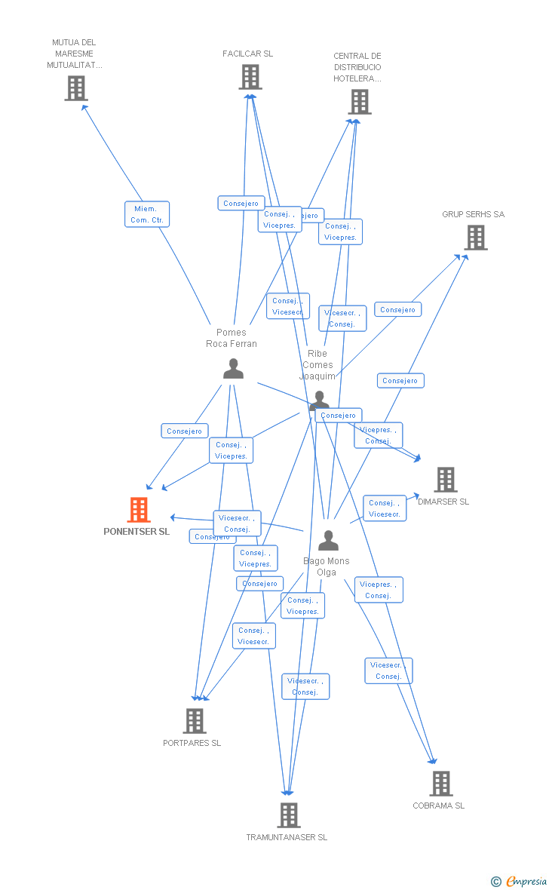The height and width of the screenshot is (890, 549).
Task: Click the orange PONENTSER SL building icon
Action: coord(139,511)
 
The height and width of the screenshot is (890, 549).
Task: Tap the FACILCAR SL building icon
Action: coord(250,77)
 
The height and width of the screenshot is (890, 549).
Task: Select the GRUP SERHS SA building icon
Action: coord(475,238)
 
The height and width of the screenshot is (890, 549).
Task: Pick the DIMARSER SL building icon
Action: coord(446,480)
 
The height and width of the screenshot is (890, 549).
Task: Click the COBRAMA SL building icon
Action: coord(441,784)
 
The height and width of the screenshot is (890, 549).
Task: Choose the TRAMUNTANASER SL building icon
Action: coord(289,815)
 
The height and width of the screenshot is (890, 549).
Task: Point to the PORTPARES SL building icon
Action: coord(195,721)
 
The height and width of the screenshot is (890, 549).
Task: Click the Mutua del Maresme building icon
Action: coord(76,88)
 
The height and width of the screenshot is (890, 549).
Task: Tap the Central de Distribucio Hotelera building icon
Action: coord(360,102)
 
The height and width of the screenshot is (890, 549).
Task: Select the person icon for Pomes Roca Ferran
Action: coord(233,369)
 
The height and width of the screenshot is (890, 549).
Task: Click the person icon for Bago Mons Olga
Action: coord(328,541)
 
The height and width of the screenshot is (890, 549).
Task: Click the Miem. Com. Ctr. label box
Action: coord(147,214)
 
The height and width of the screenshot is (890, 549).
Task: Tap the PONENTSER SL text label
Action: coord(136,531)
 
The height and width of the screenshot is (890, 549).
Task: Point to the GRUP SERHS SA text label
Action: coord(473,214)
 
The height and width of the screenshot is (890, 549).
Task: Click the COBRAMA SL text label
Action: coord(438,806)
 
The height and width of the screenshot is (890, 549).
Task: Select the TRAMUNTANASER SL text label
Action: coord(287,837)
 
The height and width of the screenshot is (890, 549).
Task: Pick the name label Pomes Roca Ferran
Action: coord(232,338)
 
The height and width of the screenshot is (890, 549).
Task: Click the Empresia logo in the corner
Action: coord(520,881)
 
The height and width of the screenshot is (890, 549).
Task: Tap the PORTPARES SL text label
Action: coord(192,743)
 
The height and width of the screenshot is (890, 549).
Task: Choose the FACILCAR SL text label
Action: coord(247,54)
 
